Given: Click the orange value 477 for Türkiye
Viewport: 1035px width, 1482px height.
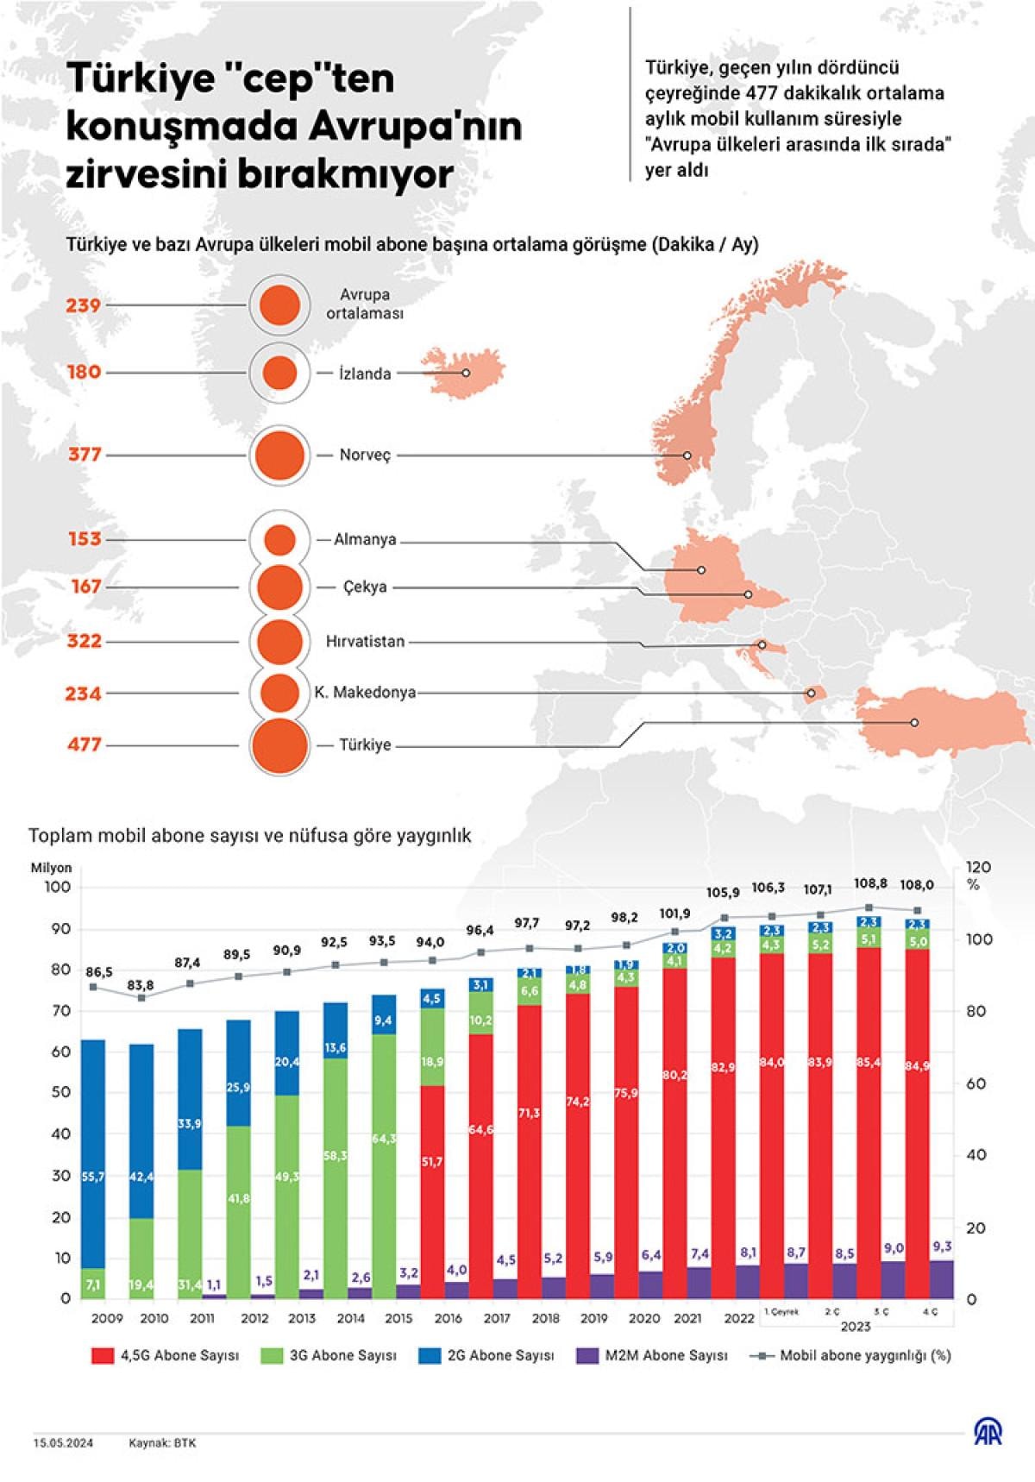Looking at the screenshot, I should pos(85,744).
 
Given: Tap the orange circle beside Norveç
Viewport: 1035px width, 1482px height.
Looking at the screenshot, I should pos(279,455).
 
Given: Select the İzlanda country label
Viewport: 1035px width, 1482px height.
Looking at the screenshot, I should pos(365,374).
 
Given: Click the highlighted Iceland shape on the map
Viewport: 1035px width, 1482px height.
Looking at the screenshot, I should pos(461,372).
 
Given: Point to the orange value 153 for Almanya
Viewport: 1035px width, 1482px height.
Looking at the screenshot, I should pos(85,539).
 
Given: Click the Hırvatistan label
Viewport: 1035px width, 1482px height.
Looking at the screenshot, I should pos(365,642).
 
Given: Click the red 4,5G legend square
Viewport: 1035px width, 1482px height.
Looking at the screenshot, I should pos(102,1355).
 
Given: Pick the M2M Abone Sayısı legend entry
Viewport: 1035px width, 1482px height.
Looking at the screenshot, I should pos(665,1355).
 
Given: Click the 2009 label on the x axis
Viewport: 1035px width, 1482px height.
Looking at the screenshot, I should pos(107,1318).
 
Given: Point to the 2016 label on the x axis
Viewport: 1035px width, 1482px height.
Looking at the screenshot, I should pos(448,1318).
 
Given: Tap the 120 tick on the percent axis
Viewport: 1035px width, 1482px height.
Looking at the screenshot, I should pos(978,867).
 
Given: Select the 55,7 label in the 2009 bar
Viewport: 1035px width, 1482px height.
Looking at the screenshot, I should pos(92,1177).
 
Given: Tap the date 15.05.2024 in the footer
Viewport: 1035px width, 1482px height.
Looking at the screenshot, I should pos(64,1442).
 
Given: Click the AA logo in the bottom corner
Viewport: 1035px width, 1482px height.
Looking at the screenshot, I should pos(988,1433).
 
